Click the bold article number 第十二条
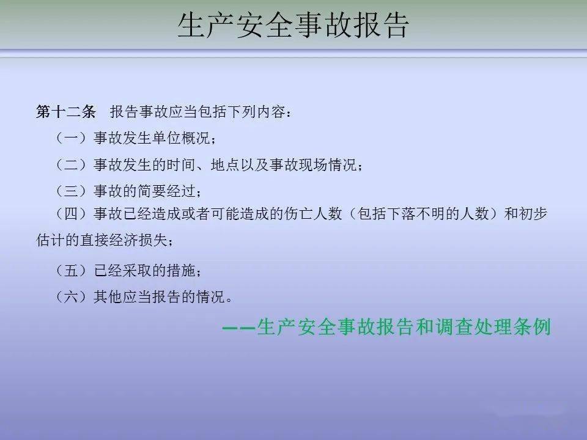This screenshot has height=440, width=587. tap(66, 112)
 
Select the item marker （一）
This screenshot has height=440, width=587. tap(71, 139)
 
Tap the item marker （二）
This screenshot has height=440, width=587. tap(71, 165)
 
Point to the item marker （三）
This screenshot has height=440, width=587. tap(71, 191)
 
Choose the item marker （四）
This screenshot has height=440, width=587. tap(71, 213)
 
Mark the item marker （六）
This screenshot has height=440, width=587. tap(71, 298)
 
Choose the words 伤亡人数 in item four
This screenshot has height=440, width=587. tap(319, 213)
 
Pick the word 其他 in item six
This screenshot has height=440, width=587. tap(108, 298)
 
